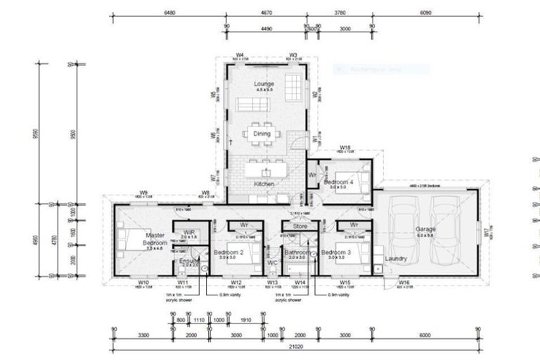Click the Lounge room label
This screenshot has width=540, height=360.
click(x=265, y=84)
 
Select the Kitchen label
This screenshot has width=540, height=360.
click(x=265, y=184)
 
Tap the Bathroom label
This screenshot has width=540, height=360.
click(x=298, y=252)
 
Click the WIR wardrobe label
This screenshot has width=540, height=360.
click(x=188, y=233)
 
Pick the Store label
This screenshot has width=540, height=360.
click(x=300, y=226)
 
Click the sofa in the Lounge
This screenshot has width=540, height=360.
click(x=253, y=104)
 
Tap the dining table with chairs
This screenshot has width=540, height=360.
click(x=262, y=133)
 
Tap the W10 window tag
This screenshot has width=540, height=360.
click(x=143, y=283)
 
